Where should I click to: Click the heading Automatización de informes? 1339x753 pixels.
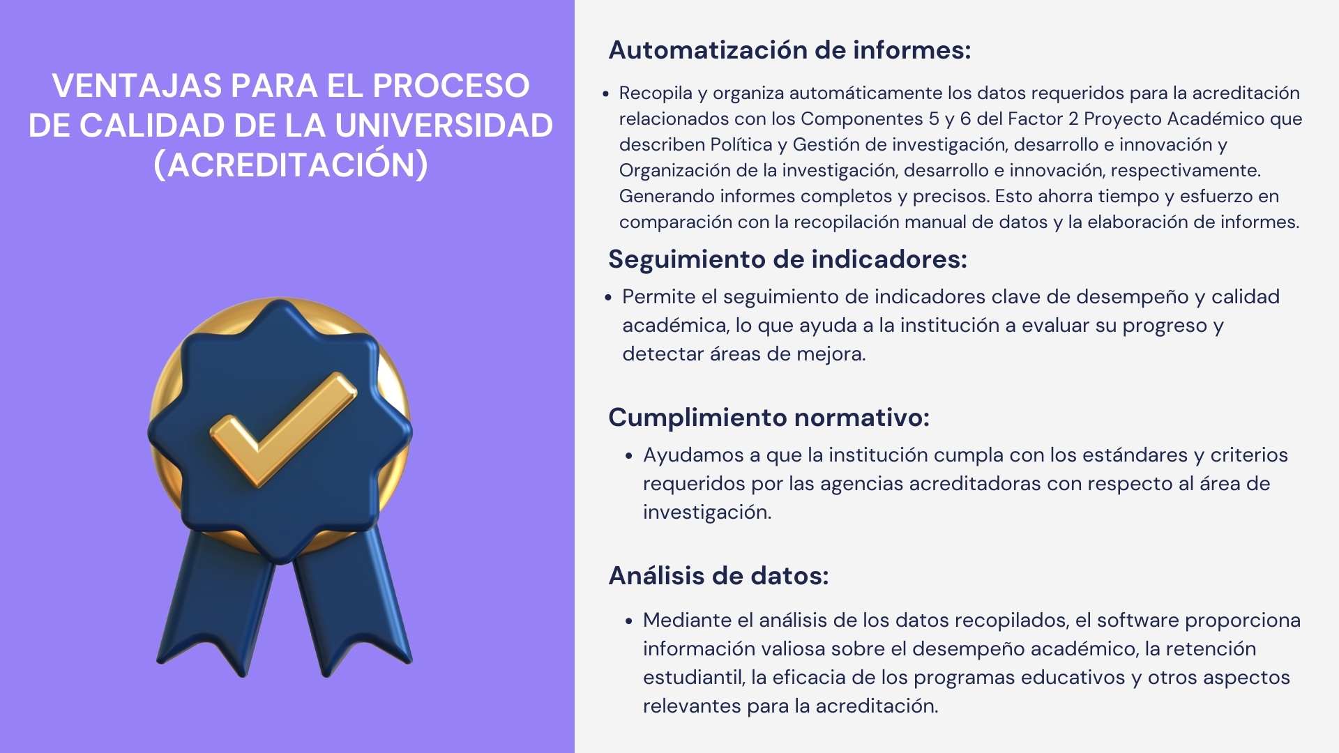point(789,50)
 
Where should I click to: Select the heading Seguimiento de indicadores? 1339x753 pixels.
point(787,259)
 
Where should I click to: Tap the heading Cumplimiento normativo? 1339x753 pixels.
point(769,418)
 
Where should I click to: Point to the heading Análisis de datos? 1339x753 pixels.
point(718,575)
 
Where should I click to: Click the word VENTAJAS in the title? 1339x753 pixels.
point(137,86)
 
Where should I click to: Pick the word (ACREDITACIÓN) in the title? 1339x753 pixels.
point(291,165)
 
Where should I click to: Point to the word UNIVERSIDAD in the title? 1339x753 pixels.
point(444,125)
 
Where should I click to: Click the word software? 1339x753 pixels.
point(1137,620)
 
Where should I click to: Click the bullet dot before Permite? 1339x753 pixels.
point(608,298)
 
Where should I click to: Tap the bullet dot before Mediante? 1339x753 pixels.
point(629,621)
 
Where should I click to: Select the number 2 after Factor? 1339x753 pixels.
point(1073,119)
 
